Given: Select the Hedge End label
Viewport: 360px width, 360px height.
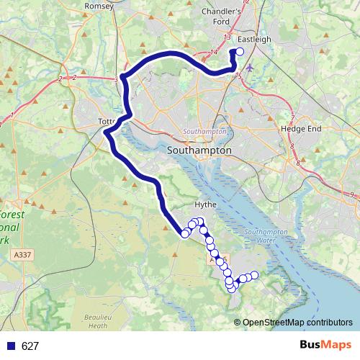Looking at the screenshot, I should (x=298, y=130).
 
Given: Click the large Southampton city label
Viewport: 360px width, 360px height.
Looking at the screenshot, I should (x=199, y=151).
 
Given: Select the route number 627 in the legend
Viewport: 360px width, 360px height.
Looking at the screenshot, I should (x=30, y=346).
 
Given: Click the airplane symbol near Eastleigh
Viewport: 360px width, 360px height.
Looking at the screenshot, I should (x=250, y=68).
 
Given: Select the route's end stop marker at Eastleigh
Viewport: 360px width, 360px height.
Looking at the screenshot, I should (x=240, y=52).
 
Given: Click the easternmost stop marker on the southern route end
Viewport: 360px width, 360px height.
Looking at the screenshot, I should (x=253, y=276).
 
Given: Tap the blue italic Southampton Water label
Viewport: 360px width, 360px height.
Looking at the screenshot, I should (x=265, y=236).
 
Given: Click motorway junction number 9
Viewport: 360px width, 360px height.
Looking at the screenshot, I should (x=352, y=195).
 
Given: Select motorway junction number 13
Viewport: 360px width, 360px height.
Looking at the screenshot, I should (x=227, y=37).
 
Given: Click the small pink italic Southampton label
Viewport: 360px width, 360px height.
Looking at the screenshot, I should (x=205, y=132).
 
